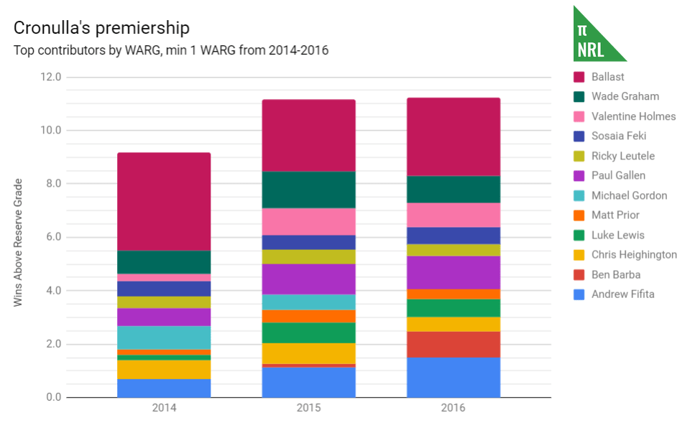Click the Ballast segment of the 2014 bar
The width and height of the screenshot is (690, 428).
point(164,201)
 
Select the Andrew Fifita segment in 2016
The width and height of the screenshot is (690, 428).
point(453,377)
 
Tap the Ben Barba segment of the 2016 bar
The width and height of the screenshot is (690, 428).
point(453,344)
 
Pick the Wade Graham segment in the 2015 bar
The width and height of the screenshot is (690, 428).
point(308,190)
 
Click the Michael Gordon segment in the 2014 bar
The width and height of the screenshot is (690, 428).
point(164,338)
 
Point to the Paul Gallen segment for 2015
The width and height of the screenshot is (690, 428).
point(308,279)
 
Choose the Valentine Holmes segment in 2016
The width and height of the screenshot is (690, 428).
point(453,215)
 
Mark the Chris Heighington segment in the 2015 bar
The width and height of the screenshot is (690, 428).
point(308,353)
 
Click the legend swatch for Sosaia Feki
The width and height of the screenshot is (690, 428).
point(579,136)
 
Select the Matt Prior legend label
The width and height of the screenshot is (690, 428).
point(615,215)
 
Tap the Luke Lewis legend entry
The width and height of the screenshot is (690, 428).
point(617,235)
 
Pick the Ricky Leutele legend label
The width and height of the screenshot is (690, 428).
point(622,156)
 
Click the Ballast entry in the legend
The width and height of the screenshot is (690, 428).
point(608,77)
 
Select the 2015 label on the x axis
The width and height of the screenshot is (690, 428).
point(308,408)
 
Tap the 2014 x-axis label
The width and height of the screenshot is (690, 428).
point(164,408)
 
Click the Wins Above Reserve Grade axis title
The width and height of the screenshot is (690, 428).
point(18,243)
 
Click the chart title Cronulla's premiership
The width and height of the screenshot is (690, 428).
point(101,28)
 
